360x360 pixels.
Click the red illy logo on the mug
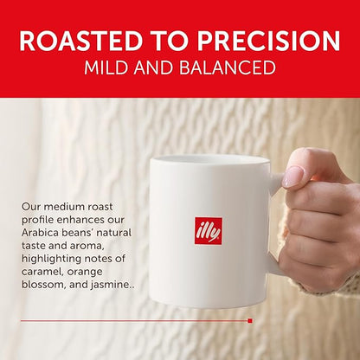pos(208,230)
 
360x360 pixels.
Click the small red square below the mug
pos(249,320)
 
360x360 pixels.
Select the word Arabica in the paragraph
pos(42,235)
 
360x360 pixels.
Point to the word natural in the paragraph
pos(122,235)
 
